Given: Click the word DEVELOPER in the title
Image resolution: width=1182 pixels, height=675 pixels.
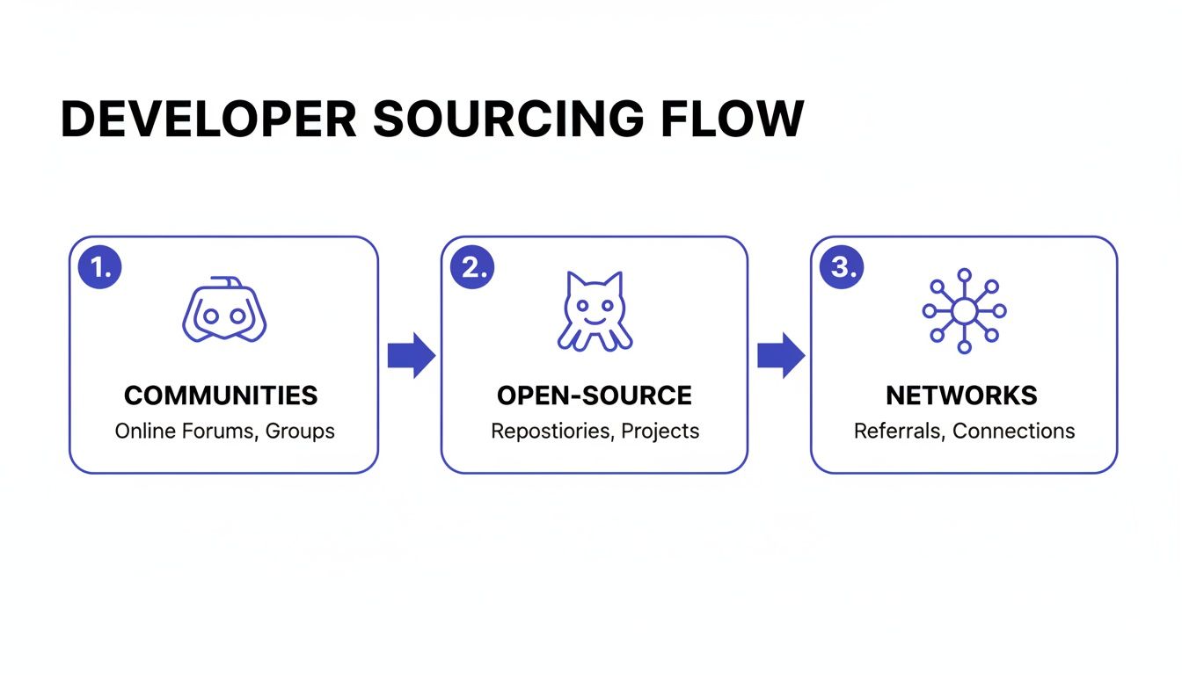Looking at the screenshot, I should pyautogui.click(x=208, y=119).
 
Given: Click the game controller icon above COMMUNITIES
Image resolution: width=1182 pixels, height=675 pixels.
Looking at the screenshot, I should pyautogui.click(x=223, y=310).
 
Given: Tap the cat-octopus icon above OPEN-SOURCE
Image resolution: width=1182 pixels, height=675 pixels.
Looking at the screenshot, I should pyautogui.click(x=594, y=311).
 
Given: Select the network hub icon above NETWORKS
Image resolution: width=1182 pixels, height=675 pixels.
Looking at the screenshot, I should pyautogui.click(x=964, y=310).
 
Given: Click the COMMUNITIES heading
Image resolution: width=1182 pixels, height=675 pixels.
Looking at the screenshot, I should pyautogui.click(x=221, y=396).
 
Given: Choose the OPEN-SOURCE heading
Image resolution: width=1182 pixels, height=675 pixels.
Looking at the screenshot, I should pyautogui.click(x=595, y=396).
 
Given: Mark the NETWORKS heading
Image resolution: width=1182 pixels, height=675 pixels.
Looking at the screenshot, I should pyautogui.click(x=961, y=396).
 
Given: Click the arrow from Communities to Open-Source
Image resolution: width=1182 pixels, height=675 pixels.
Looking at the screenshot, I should pyautogui.click(x=411, y=356).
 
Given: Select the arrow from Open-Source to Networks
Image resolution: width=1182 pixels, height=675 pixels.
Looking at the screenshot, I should pyautogui.click(x=781, y=356).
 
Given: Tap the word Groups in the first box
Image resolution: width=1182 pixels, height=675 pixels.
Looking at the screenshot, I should pyautogui.click(x=300, y=432).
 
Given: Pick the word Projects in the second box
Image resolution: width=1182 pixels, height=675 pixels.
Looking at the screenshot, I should pyautogui.click(x=660, y=432).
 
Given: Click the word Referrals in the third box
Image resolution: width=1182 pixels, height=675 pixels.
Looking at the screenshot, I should pyautogui.click(x=899, y=432).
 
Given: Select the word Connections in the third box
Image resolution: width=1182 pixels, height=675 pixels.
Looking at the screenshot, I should pyautogui.click(x=1013, y=432).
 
